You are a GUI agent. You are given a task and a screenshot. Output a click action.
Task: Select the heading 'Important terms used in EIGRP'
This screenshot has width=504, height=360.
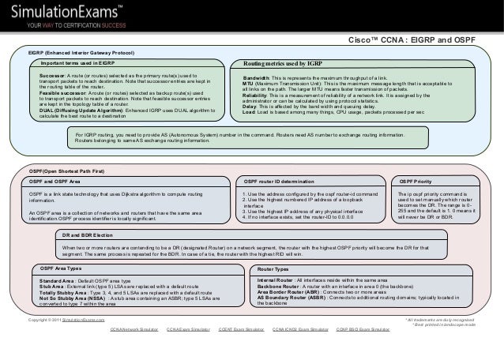point(78,62)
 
